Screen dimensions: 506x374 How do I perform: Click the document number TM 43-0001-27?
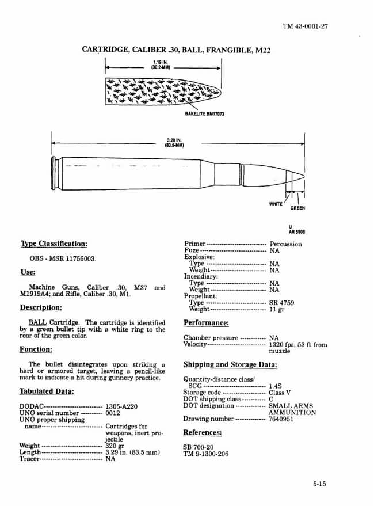click(305, 26)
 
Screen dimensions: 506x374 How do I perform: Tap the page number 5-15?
click(320, 484)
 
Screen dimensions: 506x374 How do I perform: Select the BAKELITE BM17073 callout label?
click(204, 114)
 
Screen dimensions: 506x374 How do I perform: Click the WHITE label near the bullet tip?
click(276, 204)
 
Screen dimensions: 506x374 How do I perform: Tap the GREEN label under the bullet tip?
click(297, 208)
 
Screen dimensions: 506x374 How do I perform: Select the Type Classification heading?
click(54, 244)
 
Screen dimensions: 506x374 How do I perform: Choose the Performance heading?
click(206, 323)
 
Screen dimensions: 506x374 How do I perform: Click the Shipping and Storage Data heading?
click(230, 364)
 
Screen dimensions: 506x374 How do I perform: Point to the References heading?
click(203, 433)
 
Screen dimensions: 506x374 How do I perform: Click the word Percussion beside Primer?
click(285, 244)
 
